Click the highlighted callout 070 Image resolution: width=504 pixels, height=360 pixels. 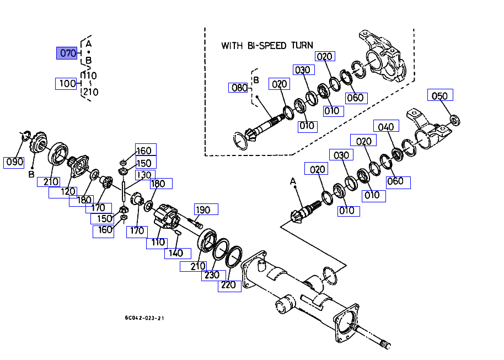pos(67,53)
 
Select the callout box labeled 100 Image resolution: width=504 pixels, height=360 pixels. pos(67,84)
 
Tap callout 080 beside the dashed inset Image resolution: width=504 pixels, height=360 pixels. pos(239,88)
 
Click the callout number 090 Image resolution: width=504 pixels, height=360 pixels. pos(14,162)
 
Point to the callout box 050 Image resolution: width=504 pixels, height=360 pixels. pos(439,96)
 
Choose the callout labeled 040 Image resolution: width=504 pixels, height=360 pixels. pos(386,126)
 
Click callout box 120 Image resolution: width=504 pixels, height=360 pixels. pos(68,192)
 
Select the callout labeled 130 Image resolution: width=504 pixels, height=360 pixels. pos(143,175)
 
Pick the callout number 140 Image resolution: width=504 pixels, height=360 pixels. pos(175,254)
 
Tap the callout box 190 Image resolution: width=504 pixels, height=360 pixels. pos(203,209)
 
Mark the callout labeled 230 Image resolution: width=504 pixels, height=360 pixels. pos(211,275)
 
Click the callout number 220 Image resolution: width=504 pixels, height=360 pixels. pos(228,284)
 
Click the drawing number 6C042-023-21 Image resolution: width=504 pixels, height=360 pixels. pos(144,318)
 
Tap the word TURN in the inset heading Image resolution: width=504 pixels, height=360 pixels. pos(302,45)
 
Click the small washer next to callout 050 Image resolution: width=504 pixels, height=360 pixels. pos(455,119)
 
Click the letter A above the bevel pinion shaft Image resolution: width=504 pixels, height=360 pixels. pos(293,181)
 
